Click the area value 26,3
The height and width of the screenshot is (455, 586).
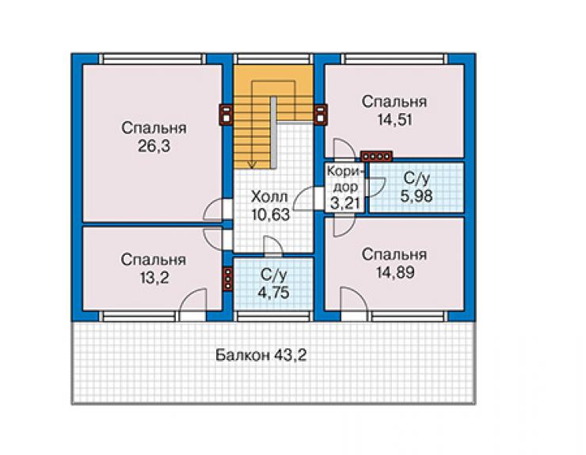pyautogui.click(x=154, y=146)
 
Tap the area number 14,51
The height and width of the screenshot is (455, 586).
pyautogui.click(x=394, y=120)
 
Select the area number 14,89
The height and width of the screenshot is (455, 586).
pyautogui.click(x=395, y=272)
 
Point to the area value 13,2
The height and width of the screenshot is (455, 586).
pyautogui.click(x=154, y=278)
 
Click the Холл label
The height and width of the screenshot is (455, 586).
pyautogui.click(x=269, y=196)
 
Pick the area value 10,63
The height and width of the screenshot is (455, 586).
pyautogui.click(x=271, y=214)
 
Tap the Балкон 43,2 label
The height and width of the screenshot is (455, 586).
pyautogui.click(x=261, y=355)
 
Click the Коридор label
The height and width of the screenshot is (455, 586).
pyautogui.click(x=344, y=179)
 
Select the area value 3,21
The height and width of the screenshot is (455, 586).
pyautogui.click(x=345, y=203)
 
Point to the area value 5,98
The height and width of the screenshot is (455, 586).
pyautogui.click(x=417, y=195)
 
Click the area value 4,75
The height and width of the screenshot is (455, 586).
pyautogui.click(x=273, y=292)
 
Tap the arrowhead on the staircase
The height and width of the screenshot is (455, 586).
pyautogui.click(x=253, y=165)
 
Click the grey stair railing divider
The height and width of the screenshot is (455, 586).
pyautogui.click(x=273, y=133)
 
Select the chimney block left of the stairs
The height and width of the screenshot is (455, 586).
pyautogui.click(x=226, y=114)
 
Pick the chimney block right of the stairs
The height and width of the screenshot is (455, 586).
pyautogui.click(x=321, y=114)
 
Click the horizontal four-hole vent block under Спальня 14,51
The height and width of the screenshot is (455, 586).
pyautogui.click(x=376, y=156)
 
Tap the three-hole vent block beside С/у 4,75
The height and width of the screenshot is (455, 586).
pyautogui.click(x=227, y=279)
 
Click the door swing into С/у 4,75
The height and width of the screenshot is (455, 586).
pyautogui.click(x=273, y=247)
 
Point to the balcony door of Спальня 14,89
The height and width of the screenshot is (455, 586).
pyautogui.click(x=354, y=304)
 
